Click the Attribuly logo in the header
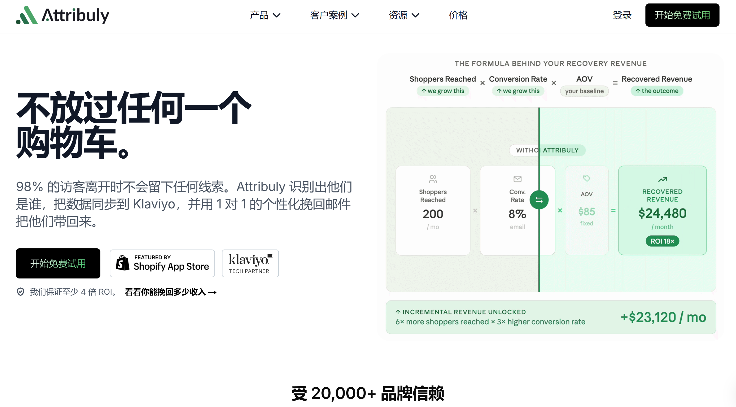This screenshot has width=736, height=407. click(x=62, y=15)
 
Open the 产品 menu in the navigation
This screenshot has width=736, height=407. click(x=265, y=15)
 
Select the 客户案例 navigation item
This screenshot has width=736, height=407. click(x=334, y=15)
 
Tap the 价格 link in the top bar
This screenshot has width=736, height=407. click(x=458, y=15)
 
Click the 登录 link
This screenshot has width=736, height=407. click(x=622, y=15)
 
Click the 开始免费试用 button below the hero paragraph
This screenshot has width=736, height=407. click(x=58, y=263)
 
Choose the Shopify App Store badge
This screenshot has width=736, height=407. click(x=162, y=263)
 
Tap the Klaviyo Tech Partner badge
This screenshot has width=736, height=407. click(x=250, y=263)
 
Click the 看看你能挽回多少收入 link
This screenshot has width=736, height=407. click(x=171, y=292)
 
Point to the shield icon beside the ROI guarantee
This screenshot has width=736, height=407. click(x=21, y=292)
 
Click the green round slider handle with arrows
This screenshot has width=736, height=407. click(x=539, y=200)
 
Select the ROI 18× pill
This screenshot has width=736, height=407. click(x=662, y=241)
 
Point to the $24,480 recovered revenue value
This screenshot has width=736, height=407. click(x=662, y=213)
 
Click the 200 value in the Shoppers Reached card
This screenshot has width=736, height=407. click(x=433, y=214)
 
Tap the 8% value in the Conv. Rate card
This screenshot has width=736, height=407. click(x=517, y=214)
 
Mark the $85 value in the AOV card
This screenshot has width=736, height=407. click(x=587, y=212)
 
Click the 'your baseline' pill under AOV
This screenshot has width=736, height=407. click(x=584, y=91)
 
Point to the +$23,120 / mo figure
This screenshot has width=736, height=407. click(x=663, y=317)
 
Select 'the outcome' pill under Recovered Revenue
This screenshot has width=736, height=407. click(x=657, y=91)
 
